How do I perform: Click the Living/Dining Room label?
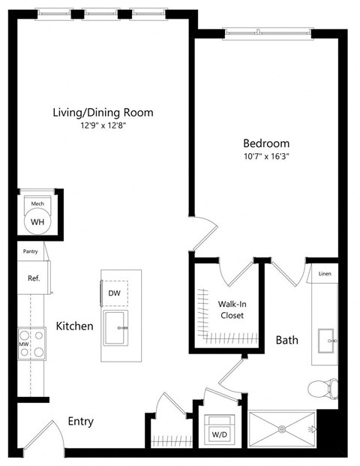[x=103, y=113]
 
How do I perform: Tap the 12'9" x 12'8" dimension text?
[x=103, y=126]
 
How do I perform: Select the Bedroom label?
[x=265, y=143]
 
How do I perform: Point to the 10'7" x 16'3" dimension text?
[x=265, y=157]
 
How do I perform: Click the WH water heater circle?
[x=36, y=221]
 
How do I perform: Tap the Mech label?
[x=37, y=203]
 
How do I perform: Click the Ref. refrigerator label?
[x=34, y=278]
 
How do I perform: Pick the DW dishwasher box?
[x=115, y=293]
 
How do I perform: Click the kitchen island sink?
[x=115, y=328]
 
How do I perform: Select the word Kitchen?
[x=74, y=326]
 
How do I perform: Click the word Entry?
[x=80, y=422]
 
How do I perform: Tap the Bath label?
[x=286, y=340]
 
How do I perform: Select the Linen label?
[x=324, y=274]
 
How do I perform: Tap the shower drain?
[x=283, y=429]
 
